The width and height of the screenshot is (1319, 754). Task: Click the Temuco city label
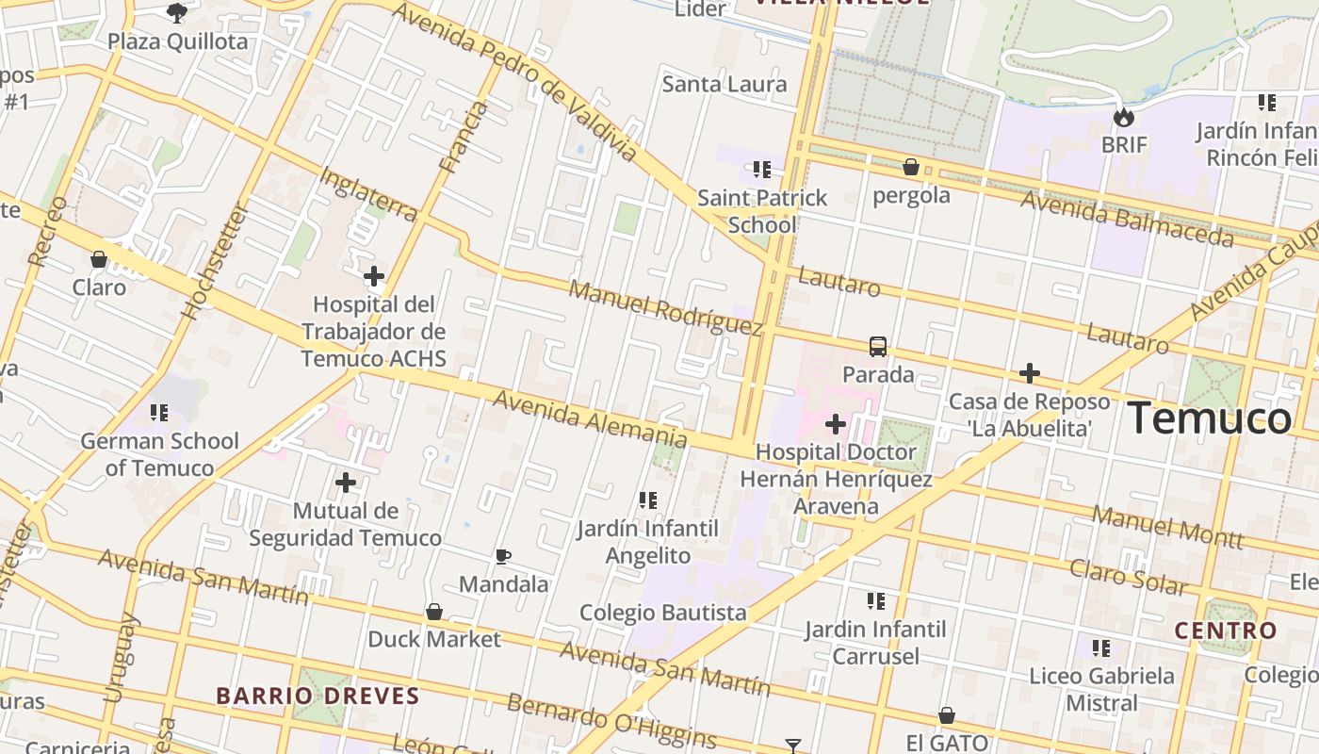(x=1211, y=418)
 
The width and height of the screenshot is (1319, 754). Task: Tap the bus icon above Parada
(x=878, y=347)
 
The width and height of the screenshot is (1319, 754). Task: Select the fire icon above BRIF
(x=1123, y=118)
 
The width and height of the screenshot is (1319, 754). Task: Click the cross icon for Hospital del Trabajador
(x=374, y=276)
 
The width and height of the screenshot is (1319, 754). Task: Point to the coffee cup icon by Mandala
(x=503, y=556)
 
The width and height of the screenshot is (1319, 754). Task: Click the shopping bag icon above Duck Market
(x=434, y=612)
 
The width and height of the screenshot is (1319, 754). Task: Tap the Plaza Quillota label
(x=177, y=41)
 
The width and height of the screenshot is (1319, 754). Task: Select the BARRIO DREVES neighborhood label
(x=318, y=697)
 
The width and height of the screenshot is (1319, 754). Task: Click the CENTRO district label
(x=1225, y=631)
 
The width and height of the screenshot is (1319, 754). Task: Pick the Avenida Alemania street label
(x=590, y=418)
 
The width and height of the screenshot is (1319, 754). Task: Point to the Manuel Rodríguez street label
(x=665, y=307)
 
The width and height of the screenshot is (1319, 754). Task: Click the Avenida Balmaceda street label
(x=1127, y=218)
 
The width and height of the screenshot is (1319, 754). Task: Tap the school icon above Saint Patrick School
(x=762, y=170)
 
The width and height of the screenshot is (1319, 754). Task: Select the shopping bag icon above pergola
(x=911, y=168)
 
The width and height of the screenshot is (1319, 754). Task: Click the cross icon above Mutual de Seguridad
(x=346, y=483)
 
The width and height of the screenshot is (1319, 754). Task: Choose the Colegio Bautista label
(x=662, y=613)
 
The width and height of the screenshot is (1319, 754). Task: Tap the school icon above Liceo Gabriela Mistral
(x=1101, y=648)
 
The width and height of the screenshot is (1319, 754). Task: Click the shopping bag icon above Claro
(x=99, y=259)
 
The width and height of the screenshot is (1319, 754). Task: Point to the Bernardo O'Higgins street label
(x=611, y=721)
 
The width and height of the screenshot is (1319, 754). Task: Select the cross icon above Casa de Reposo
(x=1030, y=373)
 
